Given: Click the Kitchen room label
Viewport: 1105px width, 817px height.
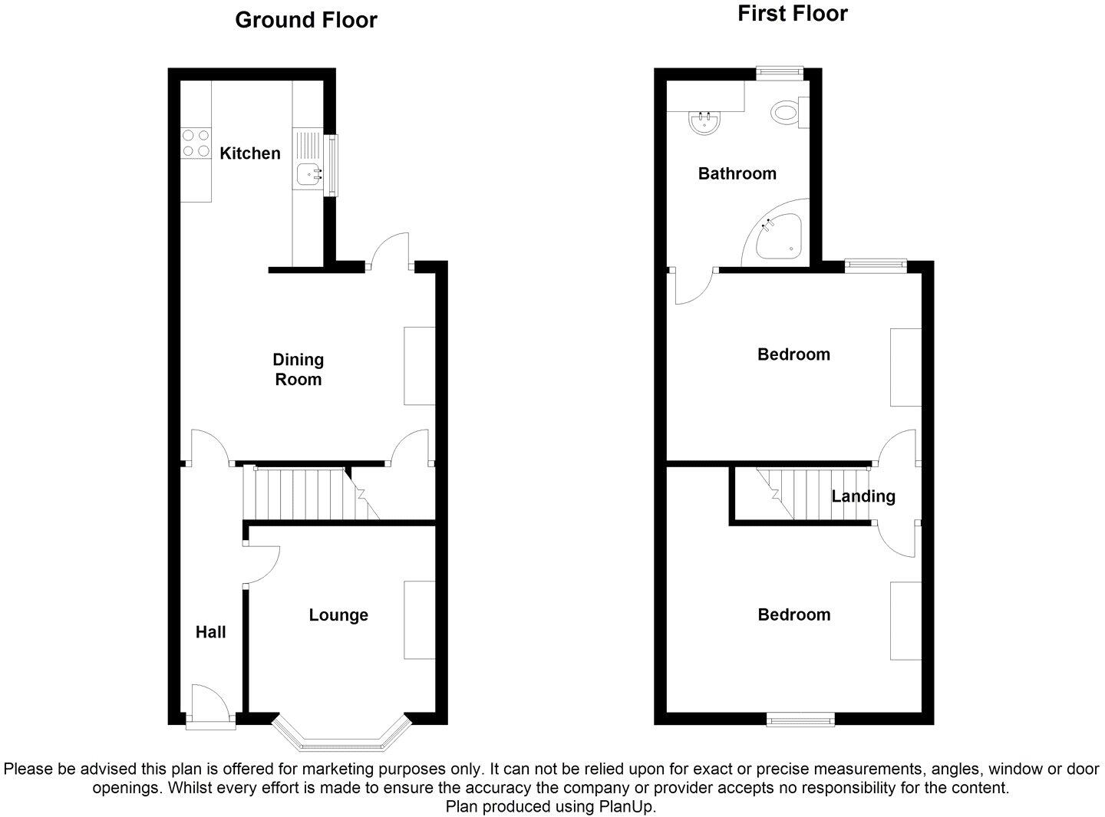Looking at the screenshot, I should coord(250,153).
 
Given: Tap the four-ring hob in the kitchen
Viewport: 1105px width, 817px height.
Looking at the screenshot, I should coord(195,143).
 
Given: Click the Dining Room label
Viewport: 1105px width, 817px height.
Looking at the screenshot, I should coord(299,370).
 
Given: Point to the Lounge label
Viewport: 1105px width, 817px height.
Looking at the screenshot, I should coord(338,615).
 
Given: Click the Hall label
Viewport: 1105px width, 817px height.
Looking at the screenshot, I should coord(210,632).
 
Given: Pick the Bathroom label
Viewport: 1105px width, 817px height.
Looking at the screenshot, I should coord(737,174).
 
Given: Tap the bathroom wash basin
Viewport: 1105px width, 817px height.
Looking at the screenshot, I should coord(704,123).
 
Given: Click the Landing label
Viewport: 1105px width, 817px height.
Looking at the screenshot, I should coord(863,496).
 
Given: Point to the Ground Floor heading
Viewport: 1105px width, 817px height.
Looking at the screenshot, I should coord(305,20).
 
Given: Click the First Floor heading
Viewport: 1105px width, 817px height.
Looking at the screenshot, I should coord(793,14).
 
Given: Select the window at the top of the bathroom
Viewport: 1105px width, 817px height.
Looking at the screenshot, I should coord(779,73).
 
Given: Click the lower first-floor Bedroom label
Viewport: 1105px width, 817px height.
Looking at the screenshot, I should coord(793,615).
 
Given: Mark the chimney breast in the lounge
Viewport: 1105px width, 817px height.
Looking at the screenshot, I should coord(420,620).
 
